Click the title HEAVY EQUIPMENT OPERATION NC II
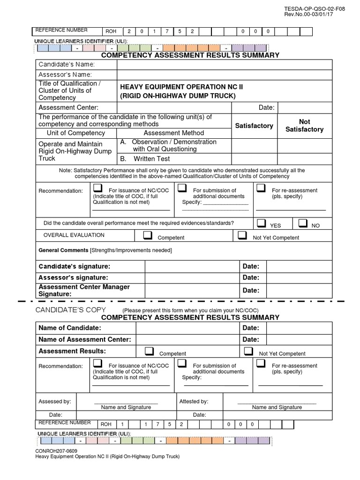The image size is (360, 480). (x=181, y=87)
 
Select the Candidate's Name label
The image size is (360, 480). (x=67, y=64)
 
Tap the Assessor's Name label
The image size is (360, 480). (x=65, y=75)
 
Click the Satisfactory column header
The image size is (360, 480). (x=254, y=126)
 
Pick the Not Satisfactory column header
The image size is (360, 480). (x=304, y=125)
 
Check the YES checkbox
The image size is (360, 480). (x=262, y=223)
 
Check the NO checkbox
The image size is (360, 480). (x=303, y=223)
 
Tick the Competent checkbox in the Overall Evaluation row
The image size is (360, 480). (x=148, y=234)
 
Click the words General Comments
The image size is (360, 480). (x=63, y=250)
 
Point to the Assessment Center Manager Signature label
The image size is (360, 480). (x=84, y=290)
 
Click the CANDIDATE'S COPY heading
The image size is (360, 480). (x=71, y=310)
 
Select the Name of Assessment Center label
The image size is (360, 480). (x=84, y=339)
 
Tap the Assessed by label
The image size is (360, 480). (x=55, y=401)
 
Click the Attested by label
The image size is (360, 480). (x=194, y=401)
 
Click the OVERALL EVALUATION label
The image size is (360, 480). (x=74, y=235)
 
